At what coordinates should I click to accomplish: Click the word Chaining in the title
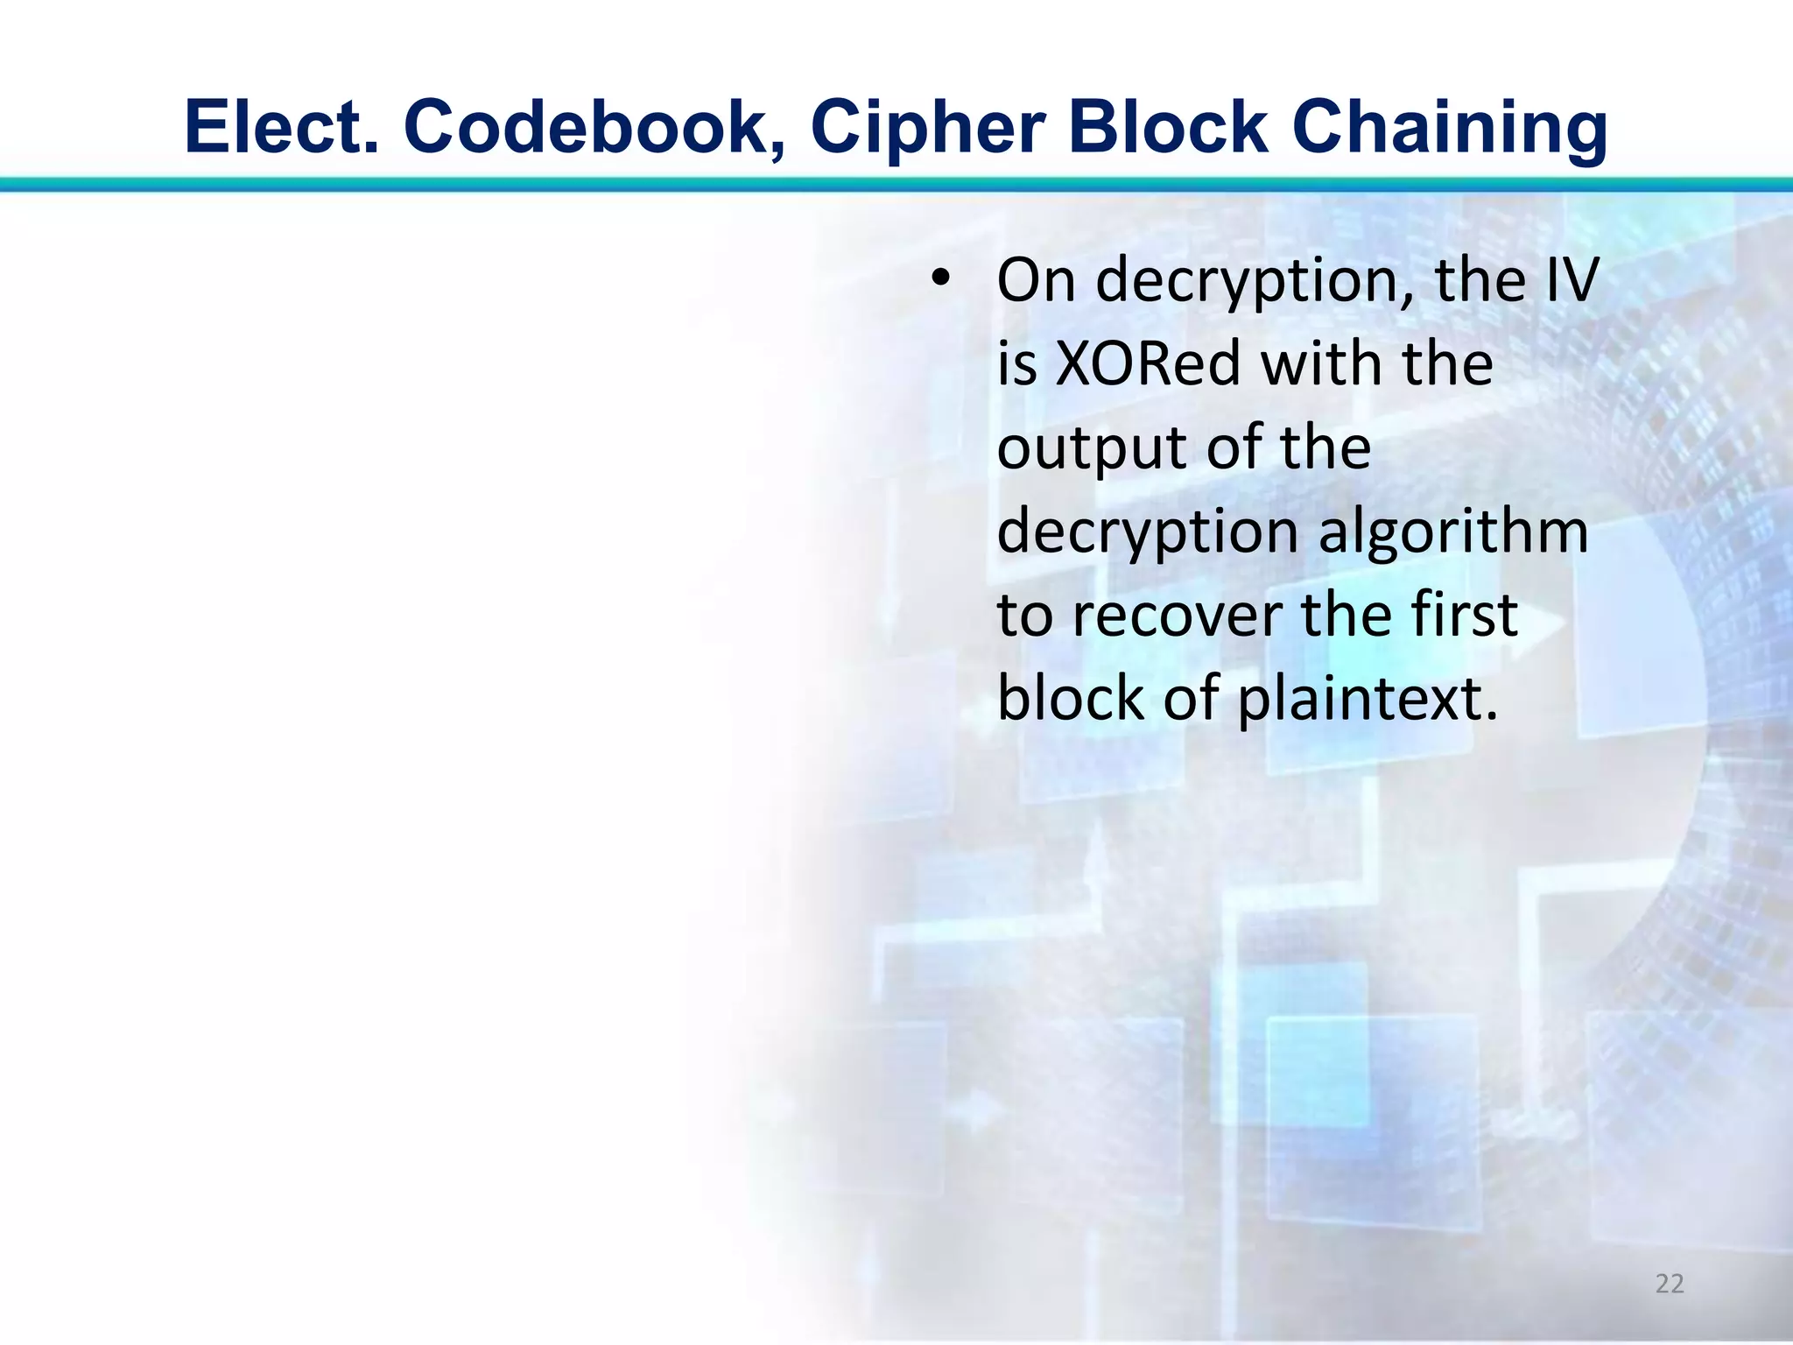pyautogui.click(x=1450, y=128)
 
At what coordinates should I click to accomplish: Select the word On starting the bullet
pyautogui.click(x=1036, y=280)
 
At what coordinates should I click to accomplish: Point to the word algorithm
pyautogui.click(x=1453, y=532)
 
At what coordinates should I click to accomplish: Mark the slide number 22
pyautogui.click(x=1670, y=1284)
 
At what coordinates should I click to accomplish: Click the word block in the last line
pyautogui.click(x=1070, y=699)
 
